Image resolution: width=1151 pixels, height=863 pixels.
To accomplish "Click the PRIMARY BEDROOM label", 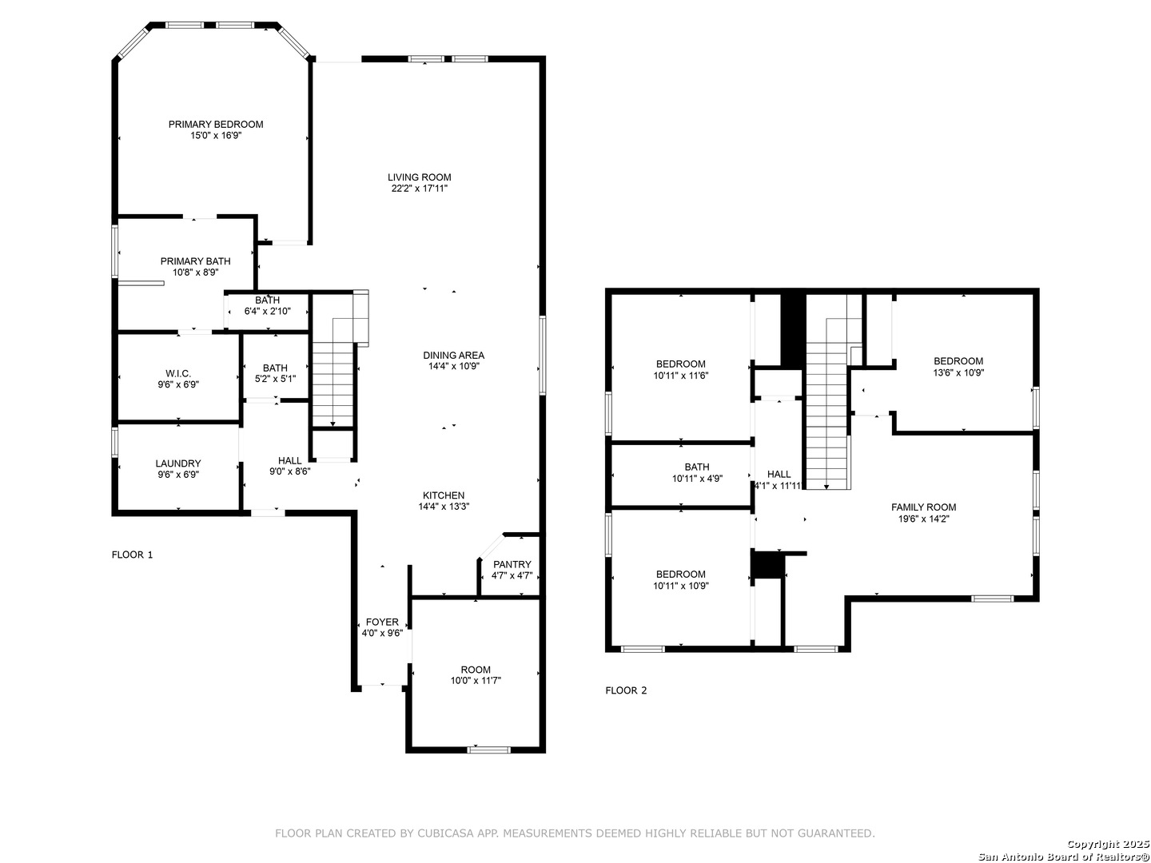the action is pyautogui.click(x=216, y=124).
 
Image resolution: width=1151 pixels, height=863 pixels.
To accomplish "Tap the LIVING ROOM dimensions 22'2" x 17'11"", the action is pyautogui.click(x=419, y=189).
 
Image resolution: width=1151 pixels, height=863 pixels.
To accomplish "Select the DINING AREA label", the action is pyautogui.click(x=453, y=356).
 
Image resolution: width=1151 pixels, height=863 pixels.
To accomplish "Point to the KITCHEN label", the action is pyautogui.click(x=444, y=495).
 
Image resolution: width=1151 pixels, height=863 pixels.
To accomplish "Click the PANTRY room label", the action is pyautogui.click(x=512, y=564).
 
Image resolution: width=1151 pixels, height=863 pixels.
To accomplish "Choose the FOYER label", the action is pyautogui.click(x=382, y=622).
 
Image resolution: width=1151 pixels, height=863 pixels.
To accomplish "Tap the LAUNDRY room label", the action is pyautogui.click(x=178, y=463).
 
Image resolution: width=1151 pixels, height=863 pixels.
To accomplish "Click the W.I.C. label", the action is pyautogui.click(x=178, y=374).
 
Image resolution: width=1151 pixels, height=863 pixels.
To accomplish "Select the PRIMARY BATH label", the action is pyautogui.click(x=196, y=261).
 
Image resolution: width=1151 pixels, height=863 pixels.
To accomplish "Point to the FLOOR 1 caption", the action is pyautogui.click(x=132, y=555).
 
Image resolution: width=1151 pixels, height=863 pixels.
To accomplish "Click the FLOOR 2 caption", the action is pyautogui.click(x=626, y=690).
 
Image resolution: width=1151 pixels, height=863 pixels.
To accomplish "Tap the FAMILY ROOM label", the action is pyautogui.click(x=923, y=507).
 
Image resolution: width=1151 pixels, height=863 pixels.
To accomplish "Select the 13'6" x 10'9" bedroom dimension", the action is pyautogui.click(x=958, y=373).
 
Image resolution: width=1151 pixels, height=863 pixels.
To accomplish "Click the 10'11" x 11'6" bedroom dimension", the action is pyautogui.click(x=681, y=376).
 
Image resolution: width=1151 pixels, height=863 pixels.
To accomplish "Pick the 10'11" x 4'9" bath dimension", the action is pyautogui.click(x=697, y=479).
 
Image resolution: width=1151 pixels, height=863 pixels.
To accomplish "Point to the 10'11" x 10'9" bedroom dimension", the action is pyautogui.click(x=681, y=586).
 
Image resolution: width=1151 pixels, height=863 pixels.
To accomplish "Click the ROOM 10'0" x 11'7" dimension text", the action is pyautogui.click(x=476, y=681).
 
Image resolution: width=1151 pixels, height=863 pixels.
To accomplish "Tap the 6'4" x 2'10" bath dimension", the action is pyautogui.click(x=268, y=312).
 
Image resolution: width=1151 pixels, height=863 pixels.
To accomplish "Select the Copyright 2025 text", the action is pyautogui.click(x=1108, y=844).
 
